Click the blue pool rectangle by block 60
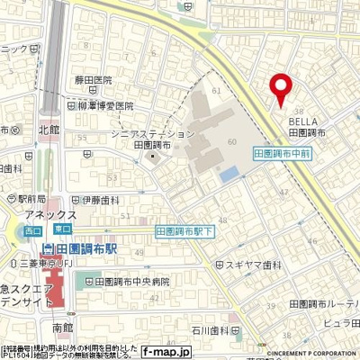[x=229, y=171]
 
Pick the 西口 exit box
[x=32, y=231]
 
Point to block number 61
[x=214, y=91]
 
